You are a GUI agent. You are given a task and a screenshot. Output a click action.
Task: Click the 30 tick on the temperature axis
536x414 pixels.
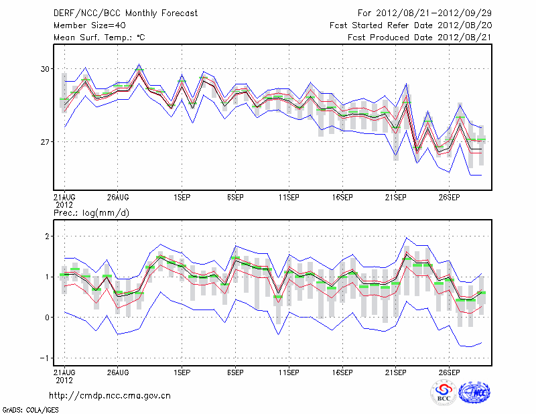pos(45,69)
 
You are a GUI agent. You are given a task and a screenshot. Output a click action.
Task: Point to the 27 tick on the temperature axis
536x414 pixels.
pos(45,142)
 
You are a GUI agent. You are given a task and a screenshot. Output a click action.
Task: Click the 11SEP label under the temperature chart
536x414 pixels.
pos(289,198)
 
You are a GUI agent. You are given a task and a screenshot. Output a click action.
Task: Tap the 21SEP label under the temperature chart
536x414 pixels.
pos(396,198)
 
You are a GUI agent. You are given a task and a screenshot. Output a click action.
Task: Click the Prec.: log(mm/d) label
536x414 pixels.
pos(91,213)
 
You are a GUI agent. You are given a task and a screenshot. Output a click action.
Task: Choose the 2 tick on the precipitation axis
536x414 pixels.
pos(48,236)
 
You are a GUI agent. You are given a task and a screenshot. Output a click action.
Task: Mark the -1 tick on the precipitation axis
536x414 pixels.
pos(46,358)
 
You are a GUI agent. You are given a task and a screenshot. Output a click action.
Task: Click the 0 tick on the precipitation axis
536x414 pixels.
pos(48,318)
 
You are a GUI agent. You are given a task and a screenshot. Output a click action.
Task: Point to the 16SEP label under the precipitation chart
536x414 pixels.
pos(342,372)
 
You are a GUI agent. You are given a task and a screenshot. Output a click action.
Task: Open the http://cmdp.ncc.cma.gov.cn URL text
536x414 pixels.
pos(110,395)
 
